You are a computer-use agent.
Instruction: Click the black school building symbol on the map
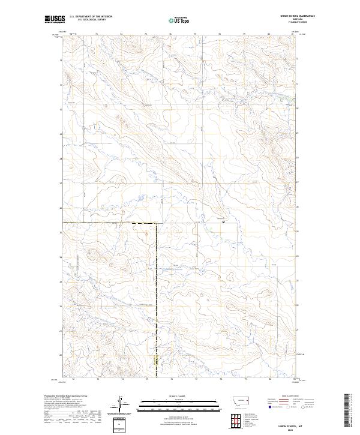223,221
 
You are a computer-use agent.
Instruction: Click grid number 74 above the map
122,35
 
